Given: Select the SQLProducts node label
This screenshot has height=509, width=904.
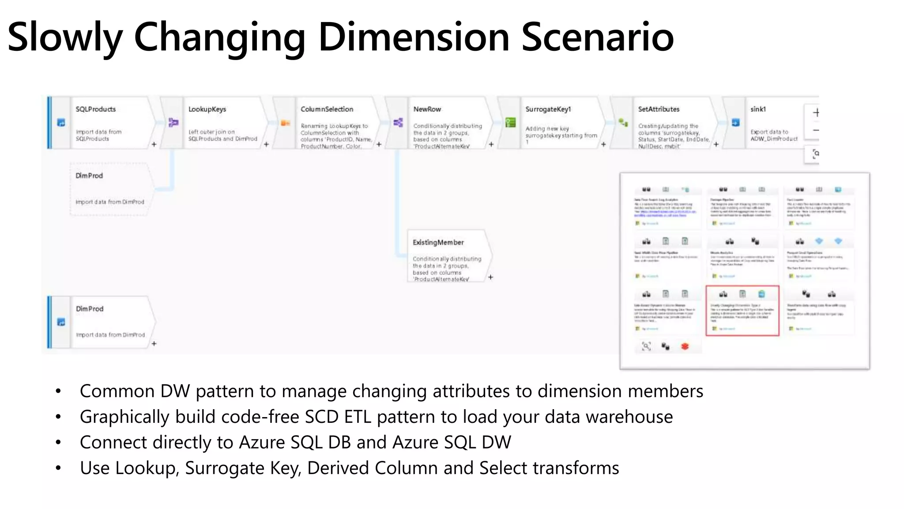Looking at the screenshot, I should coord(95,109).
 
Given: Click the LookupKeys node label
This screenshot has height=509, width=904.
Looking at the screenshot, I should coord(207,109).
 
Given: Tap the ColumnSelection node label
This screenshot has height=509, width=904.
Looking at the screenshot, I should coord(327,109).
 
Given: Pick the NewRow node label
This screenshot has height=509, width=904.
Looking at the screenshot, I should coord(427,109).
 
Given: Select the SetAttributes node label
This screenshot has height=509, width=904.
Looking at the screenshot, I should coord(659,109).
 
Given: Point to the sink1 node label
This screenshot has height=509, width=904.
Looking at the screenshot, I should coord(758,109).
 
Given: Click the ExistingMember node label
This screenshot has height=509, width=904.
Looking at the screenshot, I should coord(438,243).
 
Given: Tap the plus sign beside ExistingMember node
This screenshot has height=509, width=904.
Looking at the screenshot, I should coord(490,277).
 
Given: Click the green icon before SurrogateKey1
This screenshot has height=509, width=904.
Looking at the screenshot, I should coord(510,123).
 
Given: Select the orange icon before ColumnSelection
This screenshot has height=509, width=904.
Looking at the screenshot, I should coord(285,123).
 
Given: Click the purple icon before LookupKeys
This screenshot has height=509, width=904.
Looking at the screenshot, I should coord(173,122).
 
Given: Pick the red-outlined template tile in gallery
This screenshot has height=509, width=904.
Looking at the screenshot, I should coord(742,311).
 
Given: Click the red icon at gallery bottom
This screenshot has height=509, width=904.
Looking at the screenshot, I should coord(685,347).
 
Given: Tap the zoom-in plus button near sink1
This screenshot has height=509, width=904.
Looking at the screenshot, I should coord(816,113).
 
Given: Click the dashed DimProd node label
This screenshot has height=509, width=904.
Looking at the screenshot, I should coord(89,176).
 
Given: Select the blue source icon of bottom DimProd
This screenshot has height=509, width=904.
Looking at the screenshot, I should coord(61,322).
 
